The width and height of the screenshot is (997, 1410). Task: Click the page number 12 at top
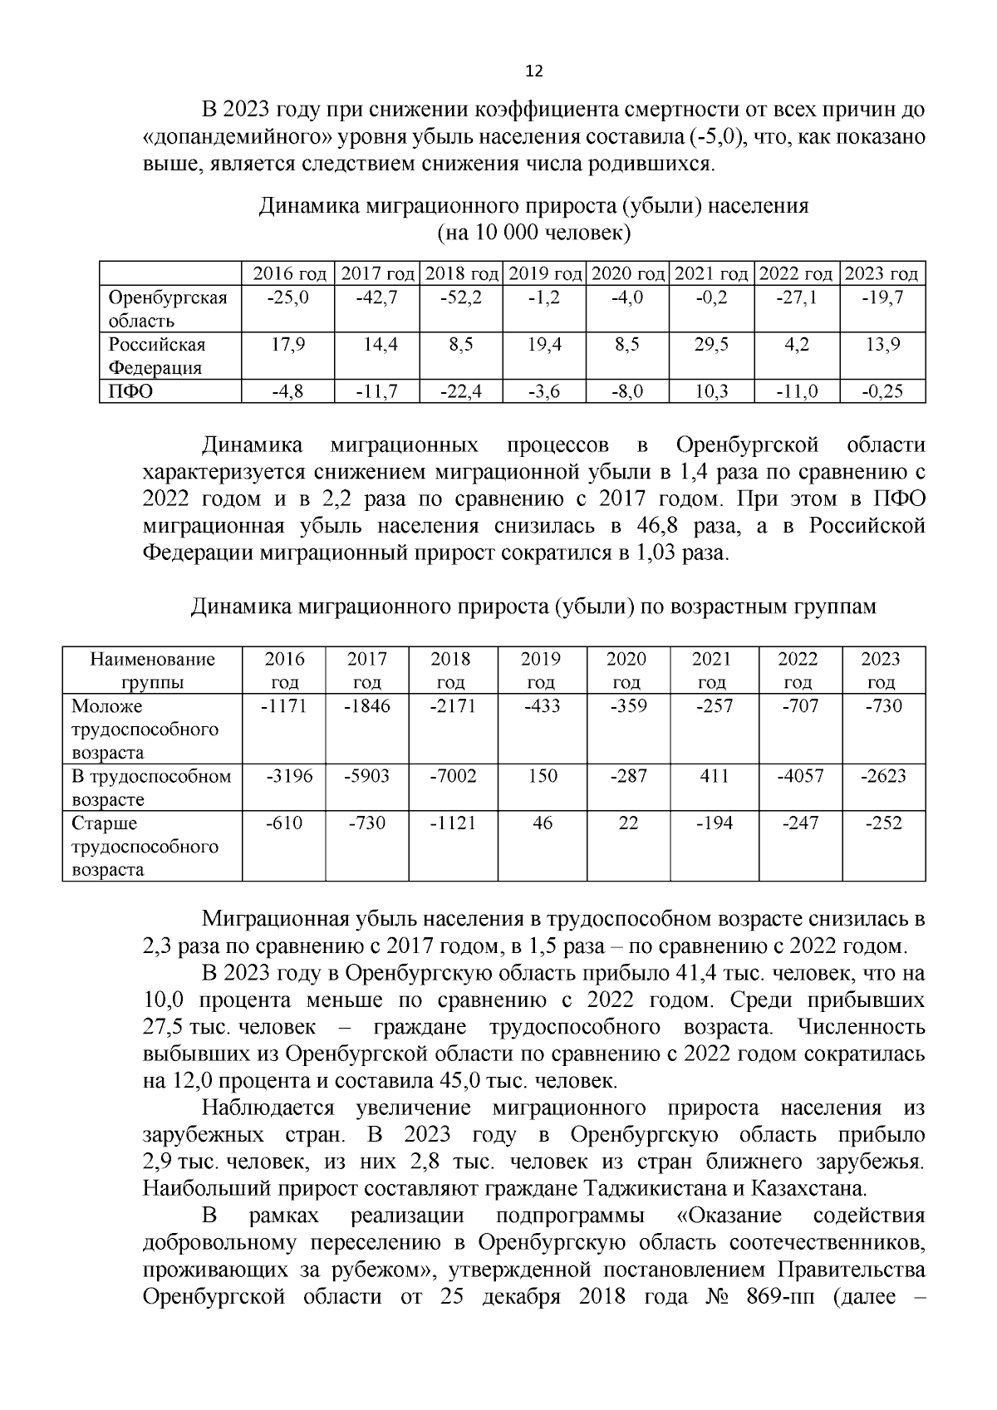[x=534, y=71]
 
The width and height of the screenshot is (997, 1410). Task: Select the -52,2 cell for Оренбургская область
[x=461, y=297]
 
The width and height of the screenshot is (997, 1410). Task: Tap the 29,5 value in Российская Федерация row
[x=712, y=344]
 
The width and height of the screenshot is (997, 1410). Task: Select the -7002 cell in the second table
[x=454, y=776]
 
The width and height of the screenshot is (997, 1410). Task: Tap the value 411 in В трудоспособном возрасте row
[x=713, y=776]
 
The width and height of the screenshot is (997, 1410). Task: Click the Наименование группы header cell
[x=152, y=671]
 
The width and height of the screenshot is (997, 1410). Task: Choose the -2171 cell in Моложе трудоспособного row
[x=454, y=706]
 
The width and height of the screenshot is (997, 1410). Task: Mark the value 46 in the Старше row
[x=542, y=823]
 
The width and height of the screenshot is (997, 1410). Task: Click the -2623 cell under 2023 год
[x=883, y=776]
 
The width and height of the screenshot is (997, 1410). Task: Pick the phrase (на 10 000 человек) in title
[x=534, y=232]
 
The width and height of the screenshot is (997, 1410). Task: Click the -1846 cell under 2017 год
[x=366, y=706]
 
